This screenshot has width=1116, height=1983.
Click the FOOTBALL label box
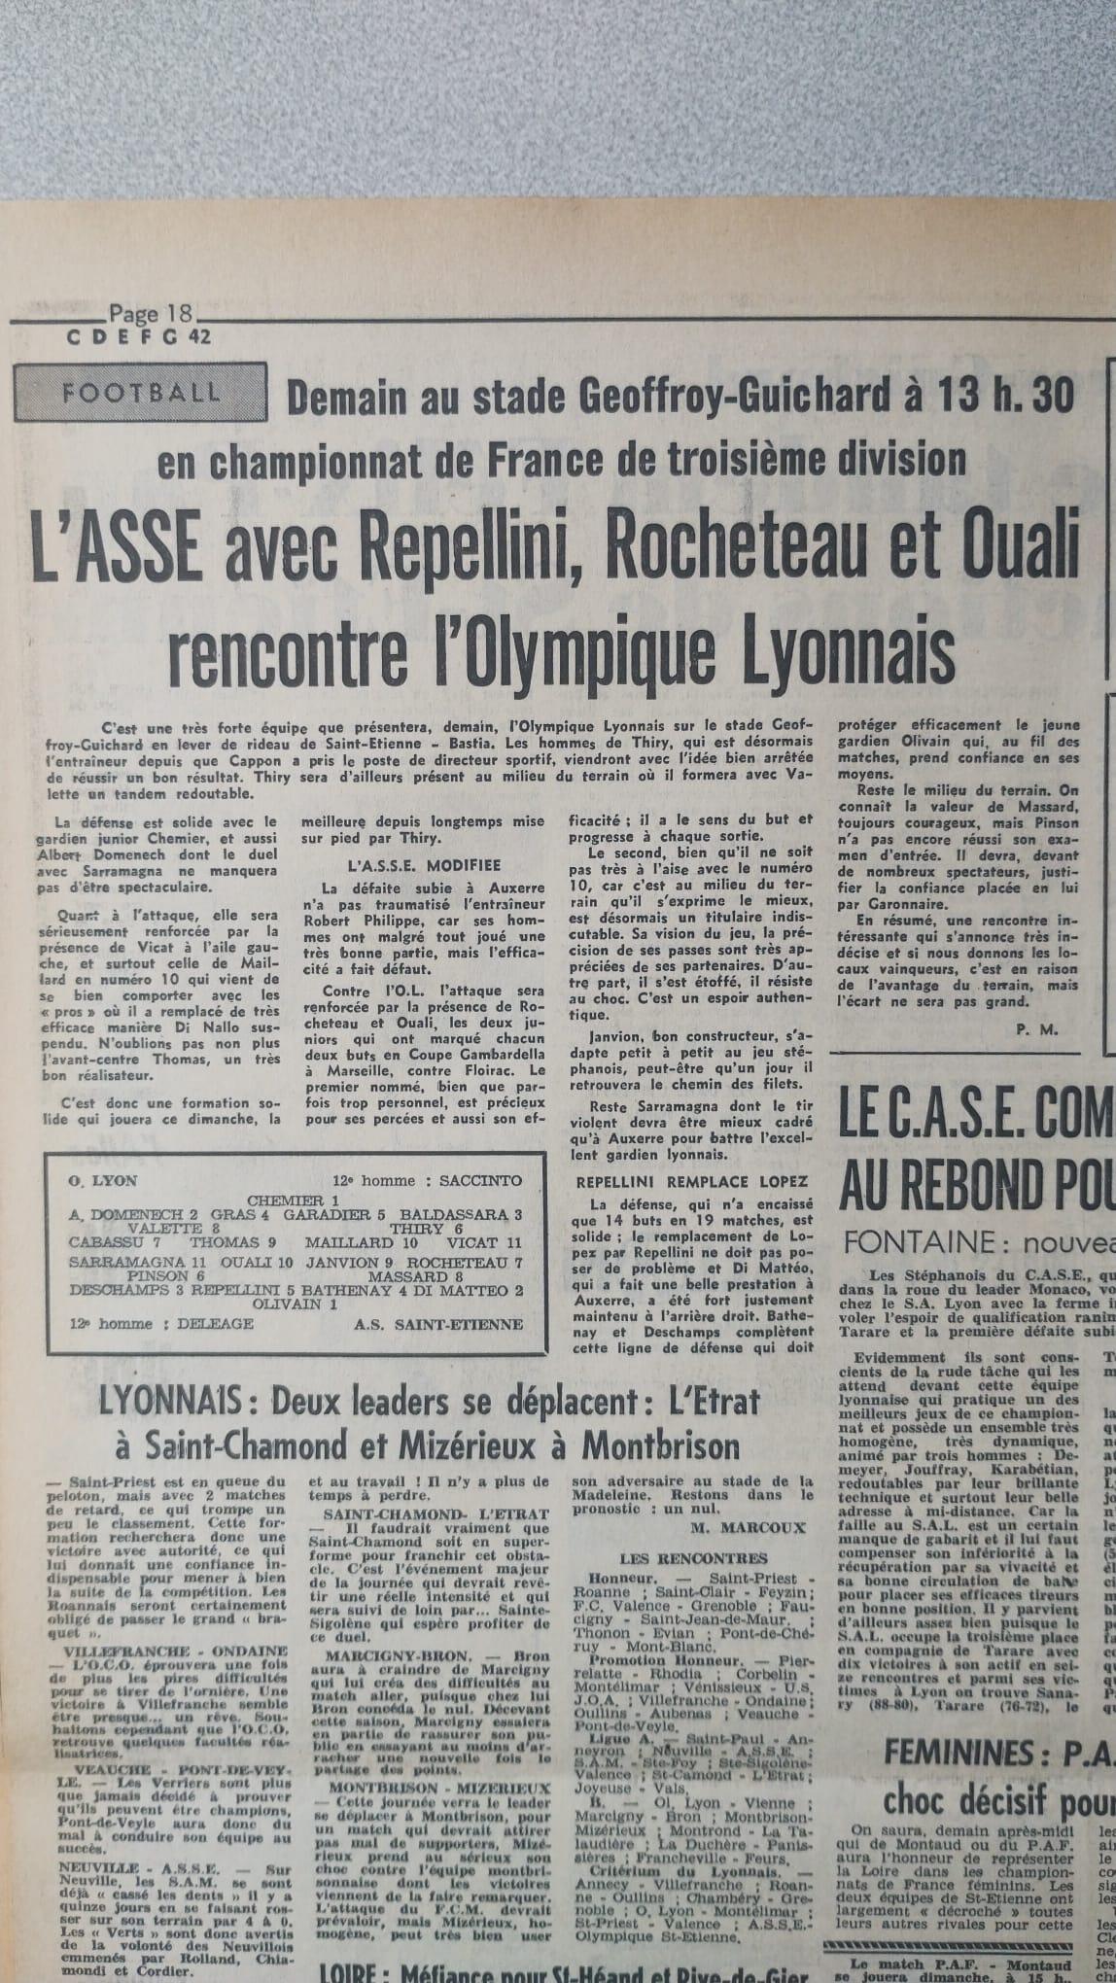pos(140,393)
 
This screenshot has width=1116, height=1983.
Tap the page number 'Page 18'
pos(151,314)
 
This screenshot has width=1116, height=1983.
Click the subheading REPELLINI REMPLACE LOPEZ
pos(691,1181)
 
